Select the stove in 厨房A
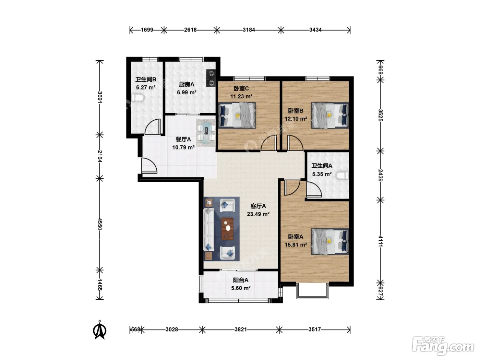point(211,78)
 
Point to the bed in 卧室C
point(237,115)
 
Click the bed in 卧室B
point(330,115)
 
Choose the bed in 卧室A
point(330,241)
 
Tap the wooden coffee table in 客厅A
point(227,228)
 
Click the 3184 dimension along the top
point(249,30)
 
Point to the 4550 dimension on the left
point(100,224)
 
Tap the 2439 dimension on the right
point(380,175)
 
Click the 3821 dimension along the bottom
point(241,329)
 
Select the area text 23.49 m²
point(258,214)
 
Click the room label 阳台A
point(241,280)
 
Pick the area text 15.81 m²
point(296,244)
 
